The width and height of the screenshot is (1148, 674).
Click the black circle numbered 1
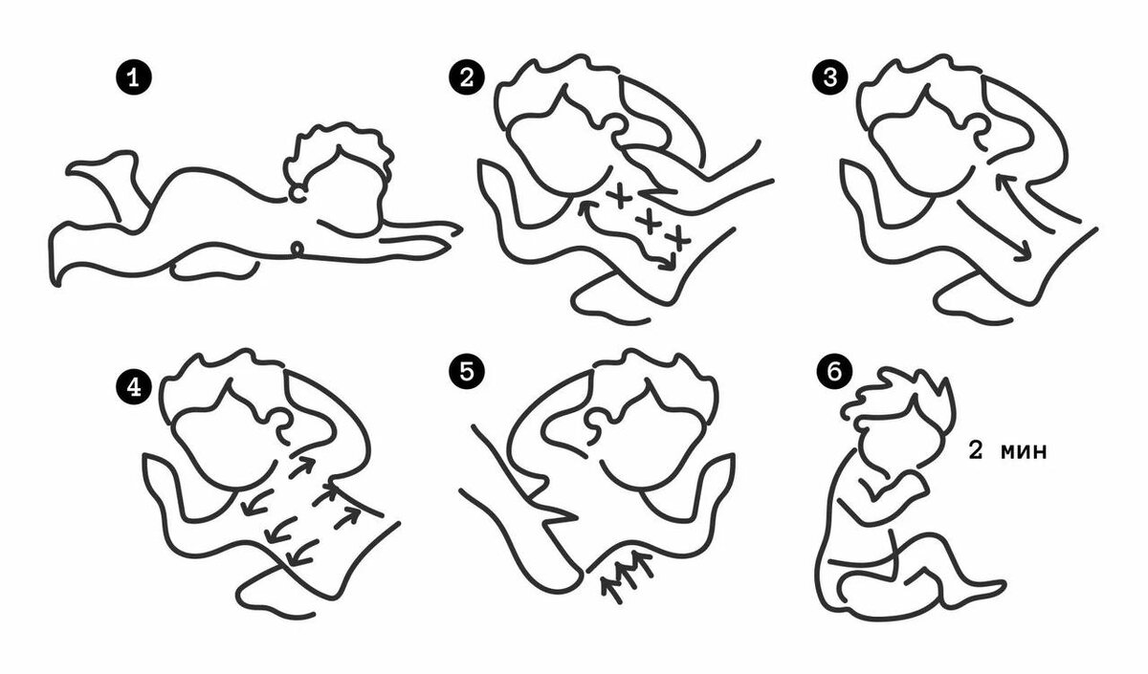(133, 78)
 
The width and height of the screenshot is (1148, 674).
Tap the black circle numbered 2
(467, 77)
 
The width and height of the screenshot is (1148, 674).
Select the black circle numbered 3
(829, 77)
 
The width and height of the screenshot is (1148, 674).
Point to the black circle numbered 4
(134, 386)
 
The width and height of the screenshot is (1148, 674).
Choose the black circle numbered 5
(467, 370)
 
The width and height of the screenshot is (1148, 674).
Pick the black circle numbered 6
(834, 371)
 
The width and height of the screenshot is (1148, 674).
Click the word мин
(1025, 451)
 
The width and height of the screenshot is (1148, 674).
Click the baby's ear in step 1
(298, 193)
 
